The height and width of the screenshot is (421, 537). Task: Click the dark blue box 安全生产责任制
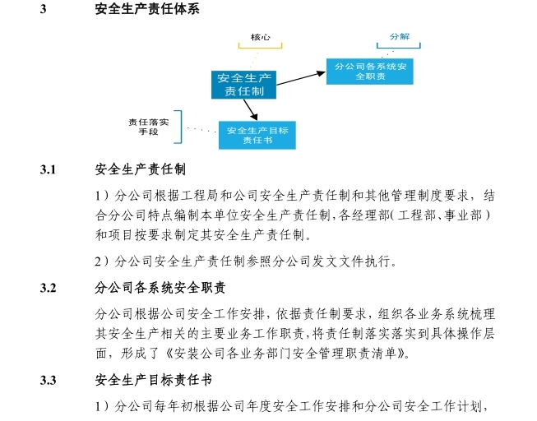[244, 84]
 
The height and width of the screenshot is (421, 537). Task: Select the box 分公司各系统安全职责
[369, 70]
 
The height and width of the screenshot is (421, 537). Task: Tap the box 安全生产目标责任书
[257, 135]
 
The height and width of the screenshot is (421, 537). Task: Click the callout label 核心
[261, 37]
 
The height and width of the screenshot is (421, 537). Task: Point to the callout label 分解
[399, 37]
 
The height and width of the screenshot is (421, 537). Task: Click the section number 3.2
[48, 289]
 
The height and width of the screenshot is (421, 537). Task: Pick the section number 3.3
[48, 381]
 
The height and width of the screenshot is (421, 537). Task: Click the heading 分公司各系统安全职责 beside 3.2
[160, 289]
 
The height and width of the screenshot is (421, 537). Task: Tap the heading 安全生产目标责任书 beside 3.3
[154, 381]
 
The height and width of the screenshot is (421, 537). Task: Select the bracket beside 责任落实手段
[181, 127]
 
